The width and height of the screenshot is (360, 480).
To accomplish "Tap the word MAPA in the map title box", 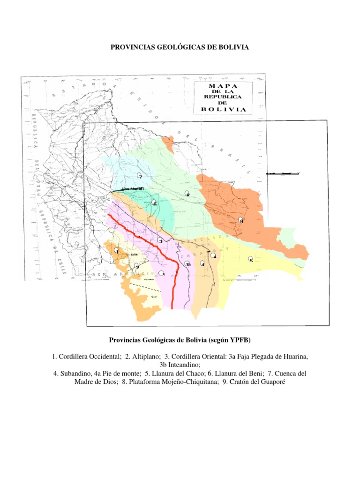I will click(x=223, y=86).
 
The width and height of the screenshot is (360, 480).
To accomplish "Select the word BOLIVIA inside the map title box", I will click(x=223, y=109).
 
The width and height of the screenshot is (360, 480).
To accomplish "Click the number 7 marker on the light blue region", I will click(x=140, y=176).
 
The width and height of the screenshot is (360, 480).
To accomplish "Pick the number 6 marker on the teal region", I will click(x=155, y=203).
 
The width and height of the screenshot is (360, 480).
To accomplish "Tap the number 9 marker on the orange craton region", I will click(x=241, y=220).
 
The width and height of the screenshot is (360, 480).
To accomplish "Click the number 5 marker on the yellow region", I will click(x=251, y=259).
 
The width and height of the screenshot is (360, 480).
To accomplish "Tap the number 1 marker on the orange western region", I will click(x=116, y=252).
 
